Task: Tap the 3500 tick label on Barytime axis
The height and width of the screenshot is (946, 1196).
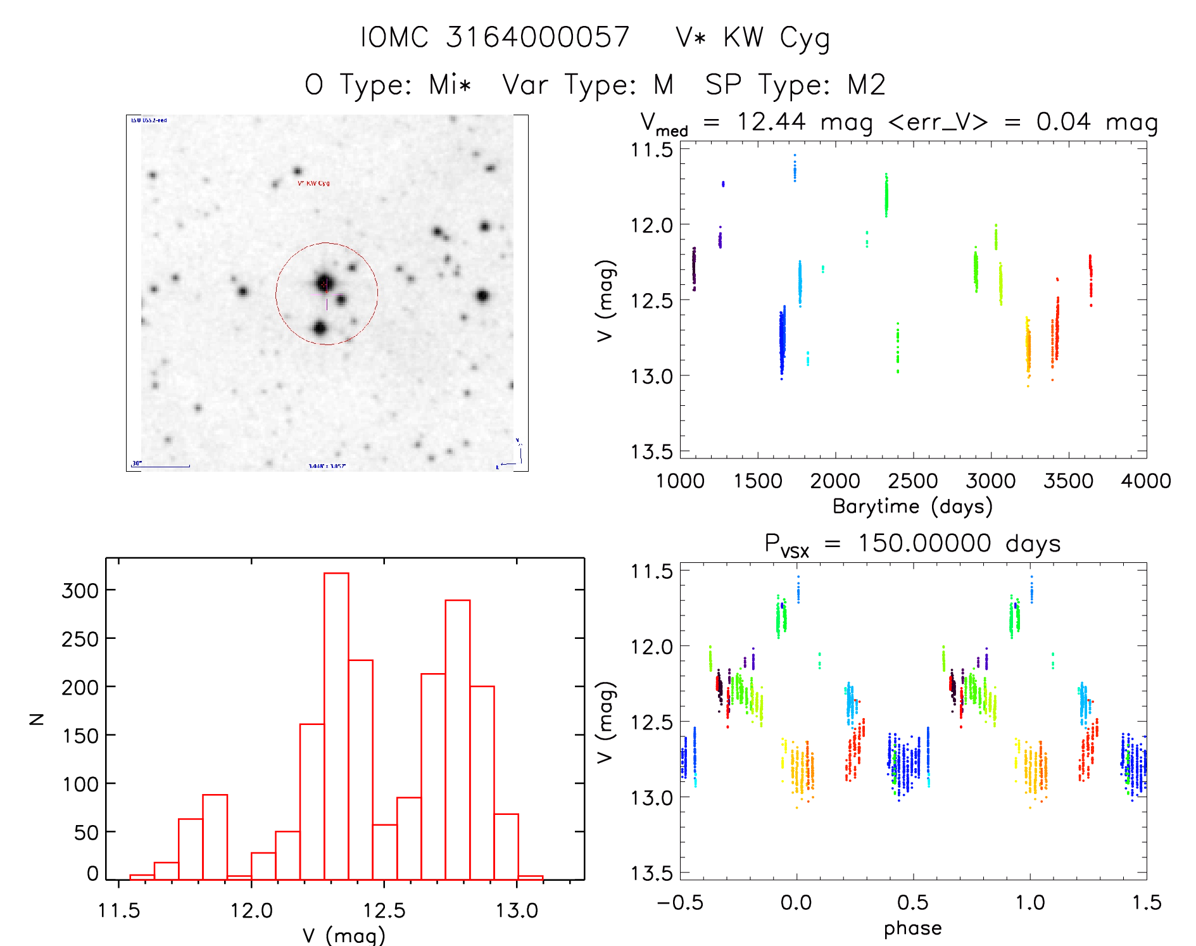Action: pos(1068,481)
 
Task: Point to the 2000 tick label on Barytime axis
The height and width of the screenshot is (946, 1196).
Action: pos(835,481)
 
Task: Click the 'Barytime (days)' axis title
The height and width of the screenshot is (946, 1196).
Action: pos(912,507)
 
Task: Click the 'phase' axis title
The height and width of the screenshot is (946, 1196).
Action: pos(912,928)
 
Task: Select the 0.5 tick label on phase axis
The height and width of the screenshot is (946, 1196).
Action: pos(913,903)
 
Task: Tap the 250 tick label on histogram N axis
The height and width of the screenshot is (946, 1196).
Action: pos(80,639)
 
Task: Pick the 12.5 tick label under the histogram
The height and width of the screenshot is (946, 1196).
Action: pos(384,911)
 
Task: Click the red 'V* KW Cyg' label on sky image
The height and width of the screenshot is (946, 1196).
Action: pos(313,184)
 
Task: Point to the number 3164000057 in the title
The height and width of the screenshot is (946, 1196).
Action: pos(538,37)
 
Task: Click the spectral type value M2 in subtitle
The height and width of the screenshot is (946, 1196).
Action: pos(867,85)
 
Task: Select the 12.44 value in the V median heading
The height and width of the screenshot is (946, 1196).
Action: pos(771,122)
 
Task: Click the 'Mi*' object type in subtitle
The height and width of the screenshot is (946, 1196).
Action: pos(450,85)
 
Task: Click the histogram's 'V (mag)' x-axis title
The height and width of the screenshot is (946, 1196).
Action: pos(344,935)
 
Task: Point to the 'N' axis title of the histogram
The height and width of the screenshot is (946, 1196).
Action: pos(37,719)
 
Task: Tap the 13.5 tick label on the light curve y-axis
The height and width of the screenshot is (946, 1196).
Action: pos(652,451)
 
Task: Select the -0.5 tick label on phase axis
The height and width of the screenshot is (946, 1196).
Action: pos(680,903)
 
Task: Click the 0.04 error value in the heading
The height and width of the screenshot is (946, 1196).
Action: pos(1064,122)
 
